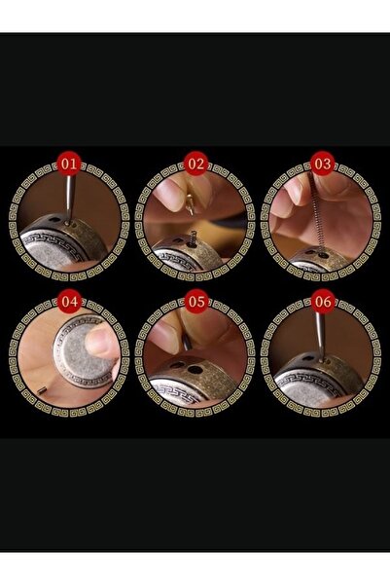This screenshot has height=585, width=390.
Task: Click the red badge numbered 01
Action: pos(69,164)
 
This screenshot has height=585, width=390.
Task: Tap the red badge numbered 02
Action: pos(196,164)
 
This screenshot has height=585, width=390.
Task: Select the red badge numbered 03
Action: pos(323,164)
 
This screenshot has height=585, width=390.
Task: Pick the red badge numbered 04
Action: pos(69,301)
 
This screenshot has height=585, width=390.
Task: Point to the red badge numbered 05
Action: pos(196,301)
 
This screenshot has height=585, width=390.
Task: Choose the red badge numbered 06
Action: pos(323,301)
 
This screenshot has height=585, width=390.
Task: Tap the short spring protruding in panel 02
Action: pos(194,238)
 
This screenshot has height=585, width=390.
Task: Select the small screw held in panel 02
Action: pos(191,204)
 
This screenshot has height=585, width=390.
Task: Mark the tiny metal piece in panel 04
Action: pos(42,390)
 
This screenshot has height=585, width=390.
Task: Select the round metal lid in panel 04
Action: pos(83,349)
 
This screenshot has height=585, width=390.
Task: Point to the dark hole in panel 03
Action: pos(322,256)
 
